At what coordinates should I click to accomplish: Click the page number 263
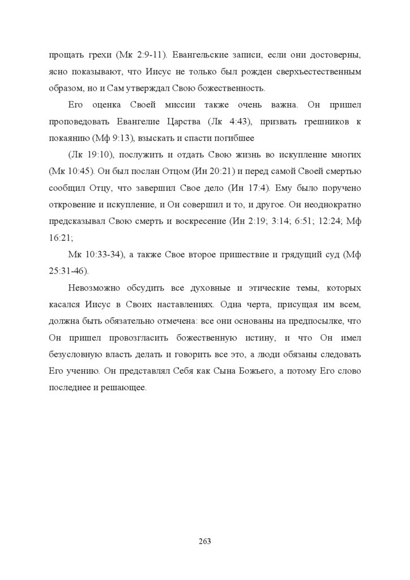pyautogui.click(x=205, y=541)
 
